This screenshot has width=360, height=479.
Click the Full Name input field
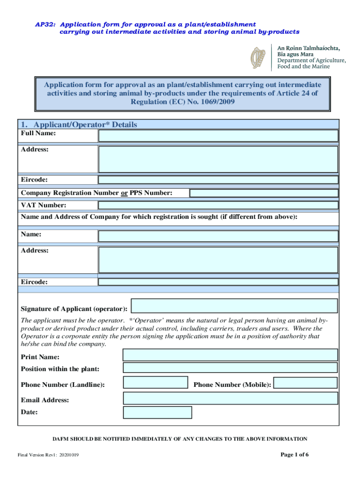coord(218,136)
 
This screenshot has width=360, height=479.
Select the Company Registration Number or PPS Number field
coord(264,193)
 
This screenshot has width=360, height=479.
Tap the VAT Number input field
coord(218,205)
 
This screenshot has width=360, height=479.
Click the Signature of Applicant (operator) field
coord(234,306)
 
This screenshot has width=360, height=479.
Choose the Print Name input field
coord(230,355)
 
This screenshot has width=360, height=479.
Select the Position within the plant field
coord(230,367)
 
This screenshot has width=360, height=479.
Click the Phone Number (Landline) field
coord(155,383)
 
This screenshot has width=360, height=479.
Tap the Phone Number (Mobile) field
coord(305,383)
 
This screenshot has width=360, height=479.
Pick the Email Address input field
coord(230,398)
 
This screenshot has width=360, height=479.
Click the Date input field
coord(158,412)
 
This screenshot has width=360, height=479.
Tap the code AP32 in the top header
coord(45,24)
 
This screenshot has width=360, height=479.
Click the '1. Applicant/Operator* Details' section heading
coord(79,124)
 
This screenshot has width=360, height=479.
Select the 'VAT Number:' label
coord(43,205)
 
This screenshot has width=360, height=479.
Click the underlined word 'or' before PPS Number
coord(124,193)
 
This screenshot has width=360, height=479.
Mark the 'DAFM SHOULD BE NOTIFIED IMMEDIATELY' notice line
coord(180,439)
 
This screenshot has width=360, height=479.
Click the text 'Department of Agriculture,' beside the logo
coord(312,60)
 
